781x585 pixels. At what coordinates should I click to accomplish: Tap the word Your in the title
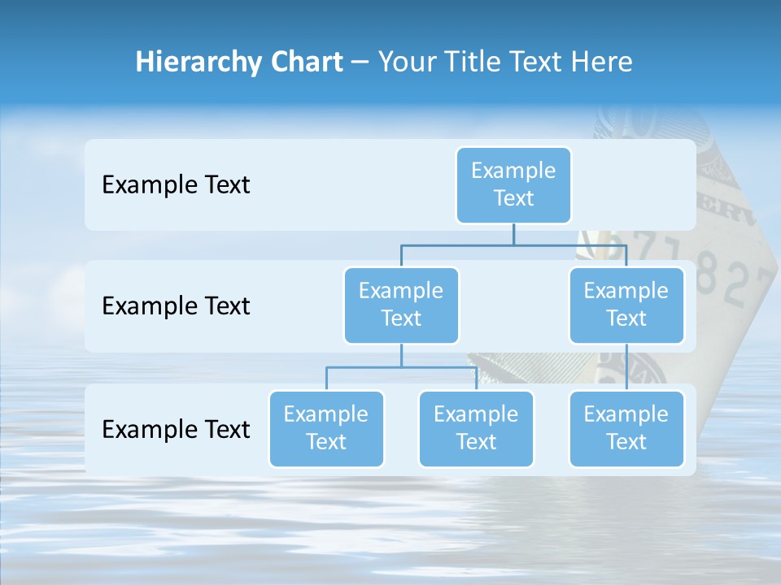(408, 62)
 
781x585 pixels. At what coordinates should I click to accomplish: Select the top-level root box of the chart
(513, 184)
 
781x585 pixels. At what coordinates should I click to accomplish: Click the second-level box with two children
(401, 305)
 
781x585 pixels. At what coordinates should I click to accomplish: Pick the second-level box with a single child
(626, 305)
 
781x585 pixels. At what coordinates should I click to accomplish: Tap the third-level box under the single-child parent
(626, 428)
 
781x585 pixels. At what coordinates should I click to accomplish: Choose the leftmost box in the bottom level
(326, 428)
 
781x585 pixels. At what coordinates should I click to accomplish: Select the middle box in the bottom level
(476, 428)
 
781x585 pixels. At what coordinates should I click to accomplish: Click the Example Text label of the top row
(176, 184)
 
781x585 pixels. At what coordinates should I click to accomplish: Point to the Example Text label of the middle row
(176, 305)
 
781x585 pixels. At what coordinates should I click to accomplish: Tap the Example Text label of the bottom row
(176, 429)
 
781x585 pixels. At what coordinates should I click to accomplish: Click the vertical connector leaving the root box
(513, 234)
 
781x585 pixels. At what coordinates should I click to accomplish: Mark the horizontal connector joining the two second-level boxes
(513, 245)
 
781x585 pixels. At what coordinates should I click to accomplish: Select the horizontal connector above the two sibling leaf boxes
(401, 367)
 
